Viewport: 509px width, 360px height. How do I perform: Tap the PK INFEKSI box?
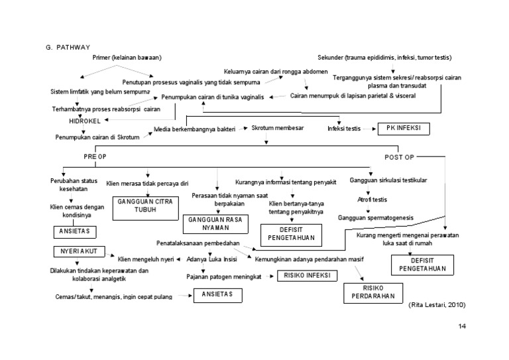point(404,128)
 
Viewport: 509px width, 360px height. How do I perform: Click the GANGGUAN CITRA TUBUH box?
point(141,208)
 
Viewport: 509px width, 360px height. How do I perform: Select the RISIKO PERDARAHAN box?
point(369,292)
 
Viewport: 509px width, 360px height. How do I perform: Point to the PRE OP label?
point(94,157)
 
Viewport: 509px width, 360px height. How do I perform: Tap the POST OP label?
point(400,157)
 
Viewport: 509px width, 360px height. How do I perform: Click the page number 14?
point(463,327)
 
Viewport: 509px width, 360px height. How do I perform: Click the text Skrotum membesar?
point(278,127)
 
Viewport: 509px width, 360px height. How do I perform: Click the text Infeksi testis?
point(345,128)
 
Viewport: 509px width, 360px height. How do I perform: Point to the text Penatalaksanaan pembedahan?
point(198,243)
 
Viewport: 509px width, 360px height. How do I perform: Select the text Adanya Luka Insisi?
point(212,259)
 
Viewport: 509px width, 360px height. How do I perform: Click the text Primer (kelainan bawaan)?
point(128,58)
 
